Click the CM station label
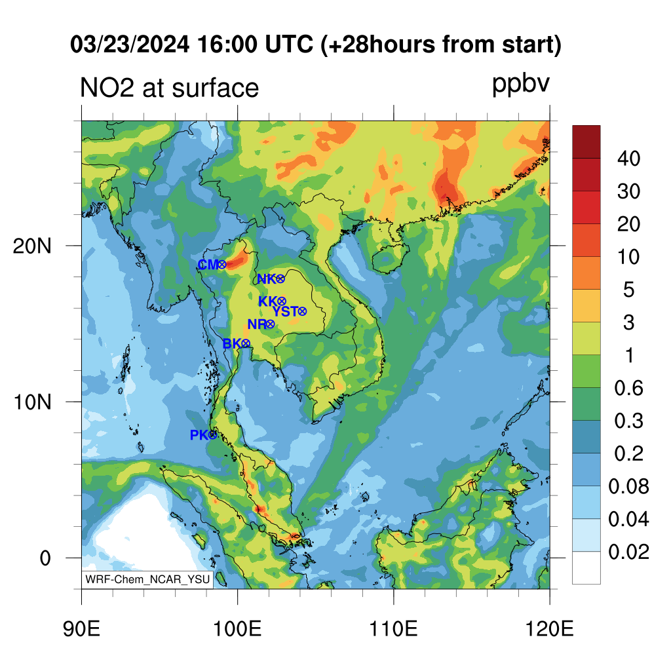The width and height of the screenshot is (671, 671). (208, 265)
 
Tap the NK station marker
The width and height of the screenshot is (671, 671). (280, 279)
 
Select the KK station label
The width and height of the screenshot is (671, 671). (268, 301)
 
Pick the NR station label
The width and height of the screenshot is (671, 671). (257, 324)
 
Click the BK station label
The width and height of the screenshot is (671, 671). (232, 343)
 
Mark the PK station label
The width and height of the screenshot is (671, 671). (199, 435)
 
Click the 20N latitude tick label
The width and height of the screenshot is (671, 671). (32, 246)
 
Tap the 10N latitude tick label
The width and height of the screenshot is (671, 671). (32, 402)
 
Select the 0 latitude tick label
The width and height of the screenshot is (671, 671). (45, 558)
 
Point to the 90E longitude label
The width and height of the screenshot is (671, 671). (81, 629)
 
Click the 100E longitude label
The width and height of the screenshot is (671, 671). (237, 629)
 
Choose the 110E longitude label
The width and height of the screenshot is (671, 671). (393, 629)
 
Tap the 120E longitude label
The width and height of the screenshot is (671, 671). (550, 629)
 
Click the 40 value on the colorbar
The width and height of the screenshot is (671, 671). (628, 159)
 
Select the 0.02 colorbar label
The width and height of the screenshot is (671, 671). (628, 552)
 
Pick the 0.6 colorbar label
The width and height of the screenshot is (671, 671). (628, 388)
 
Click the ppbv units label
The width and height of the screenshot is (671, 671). (520, 85)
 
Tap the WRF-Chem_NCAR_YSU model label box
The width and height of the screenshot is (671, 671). (147, 579)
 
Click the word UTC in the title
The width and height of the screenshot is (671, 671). (289, 45)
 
